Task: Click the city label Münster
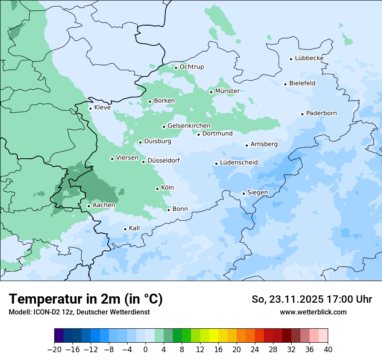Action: [x=227, y=91]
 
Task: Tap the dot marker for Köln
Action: [x=157, y=189]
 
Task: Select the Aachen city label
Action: [x=104, y=205]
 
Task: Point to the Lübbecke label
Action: [x=309, y=58]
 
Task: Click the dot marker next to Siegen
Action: [x=244, y=193]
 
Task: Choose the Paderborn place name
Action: [x=321, y=113]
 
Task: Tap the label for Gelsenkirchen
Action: [x=189, y=126]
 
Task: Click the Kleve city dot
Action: [x=90, y=108]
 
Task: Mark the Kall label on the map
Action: [x=135, y=228]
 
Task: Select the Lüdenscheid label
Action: [x=239, y=163]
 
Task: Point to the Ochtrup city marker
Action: [x=176, y=68]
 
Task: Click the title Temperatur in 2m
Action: [x=86, y=299]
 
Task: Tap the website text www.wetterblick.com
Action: [x=313, y=312]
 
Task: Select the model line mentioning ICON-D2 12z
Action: [x=79, y=312]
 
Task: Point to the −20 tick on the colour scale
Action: [x=55, y=350]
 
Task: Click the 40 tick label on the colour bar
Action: [x=328, y=350]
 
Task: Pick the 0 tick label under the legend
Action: [x=145, y=350]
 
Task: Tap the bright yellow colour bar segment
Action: [x=214, y=336]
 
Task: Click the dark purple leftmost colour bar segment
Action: [x=59, y=336]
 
